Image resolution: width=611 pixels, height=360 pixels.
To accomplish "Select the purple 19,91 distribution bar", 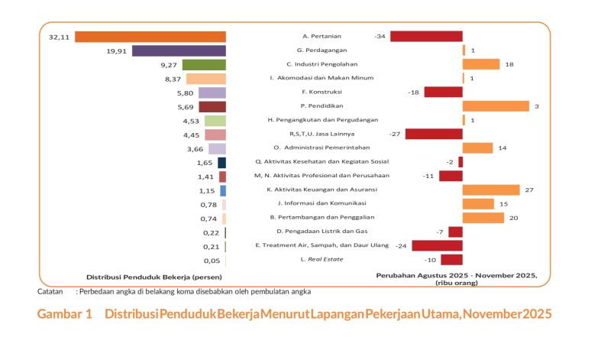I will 179,50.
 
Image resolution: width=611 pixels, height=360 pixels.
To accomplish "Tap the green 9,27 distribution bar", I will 204,64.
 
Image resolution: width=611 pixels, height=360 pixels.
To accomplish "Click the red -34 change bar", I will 427,37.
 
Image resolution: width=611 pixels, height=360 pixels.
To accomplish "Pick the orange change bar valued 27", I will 491,190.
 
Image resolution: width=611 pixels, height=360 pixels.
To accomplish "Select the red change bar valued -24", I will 436,245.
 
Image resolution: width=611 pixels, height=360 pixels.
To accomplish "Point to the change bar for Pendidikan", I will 496,106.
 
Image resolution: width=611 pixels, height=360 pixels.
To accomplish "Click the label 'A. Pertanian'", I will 322,37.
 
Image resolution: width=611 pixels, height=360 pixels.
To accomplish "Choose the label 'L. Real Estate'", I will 322,259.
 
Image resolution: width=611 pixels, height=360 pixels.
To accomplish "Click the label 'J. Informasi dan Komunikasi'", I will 322,203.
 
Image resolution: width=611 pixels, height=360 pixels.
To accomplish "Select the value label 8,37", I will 173,79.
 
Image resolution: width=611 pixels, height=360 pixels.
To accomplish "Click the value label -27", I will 395,135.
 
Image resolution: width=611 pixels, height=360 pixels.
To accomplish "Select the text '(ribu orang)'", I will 456,283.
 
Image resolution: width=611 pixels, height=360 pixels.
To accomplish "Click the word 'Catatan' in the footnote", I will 50,291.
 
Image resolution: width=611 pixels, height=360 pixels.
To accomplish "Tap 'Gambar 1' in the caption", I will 65,314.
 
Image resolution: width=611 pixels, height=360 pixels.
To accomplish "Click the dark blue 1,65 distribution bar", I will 221,162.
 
